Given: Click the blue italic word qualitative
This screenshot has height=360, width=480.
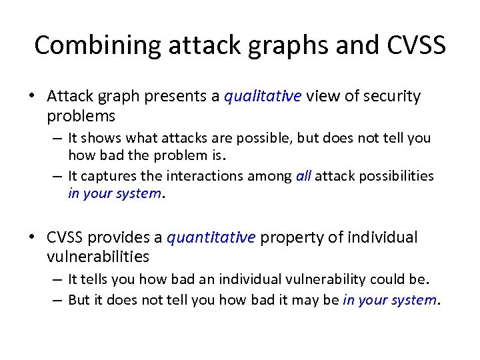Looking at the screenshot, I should click(263, 97).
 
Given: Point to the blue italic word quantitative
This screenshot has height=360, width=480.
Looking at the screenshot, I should click(211, 237).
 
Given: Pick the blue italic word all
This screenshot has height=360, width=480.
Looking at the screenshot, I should click(303, 176).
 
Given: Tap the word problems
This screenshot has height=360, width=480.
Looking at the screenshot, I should click(81, 116).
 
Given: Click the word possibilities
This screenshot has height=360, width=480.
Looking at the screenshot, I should click(395, 176).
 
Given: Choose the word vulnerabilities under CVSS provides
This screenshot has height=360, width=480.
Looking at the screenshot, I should click(98, 257).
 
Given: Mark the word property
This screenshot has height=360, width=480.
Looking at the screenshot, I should click(287, 237).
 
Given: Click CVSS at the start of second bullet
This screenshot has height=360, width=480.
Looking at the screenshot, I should click(65, 237).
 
